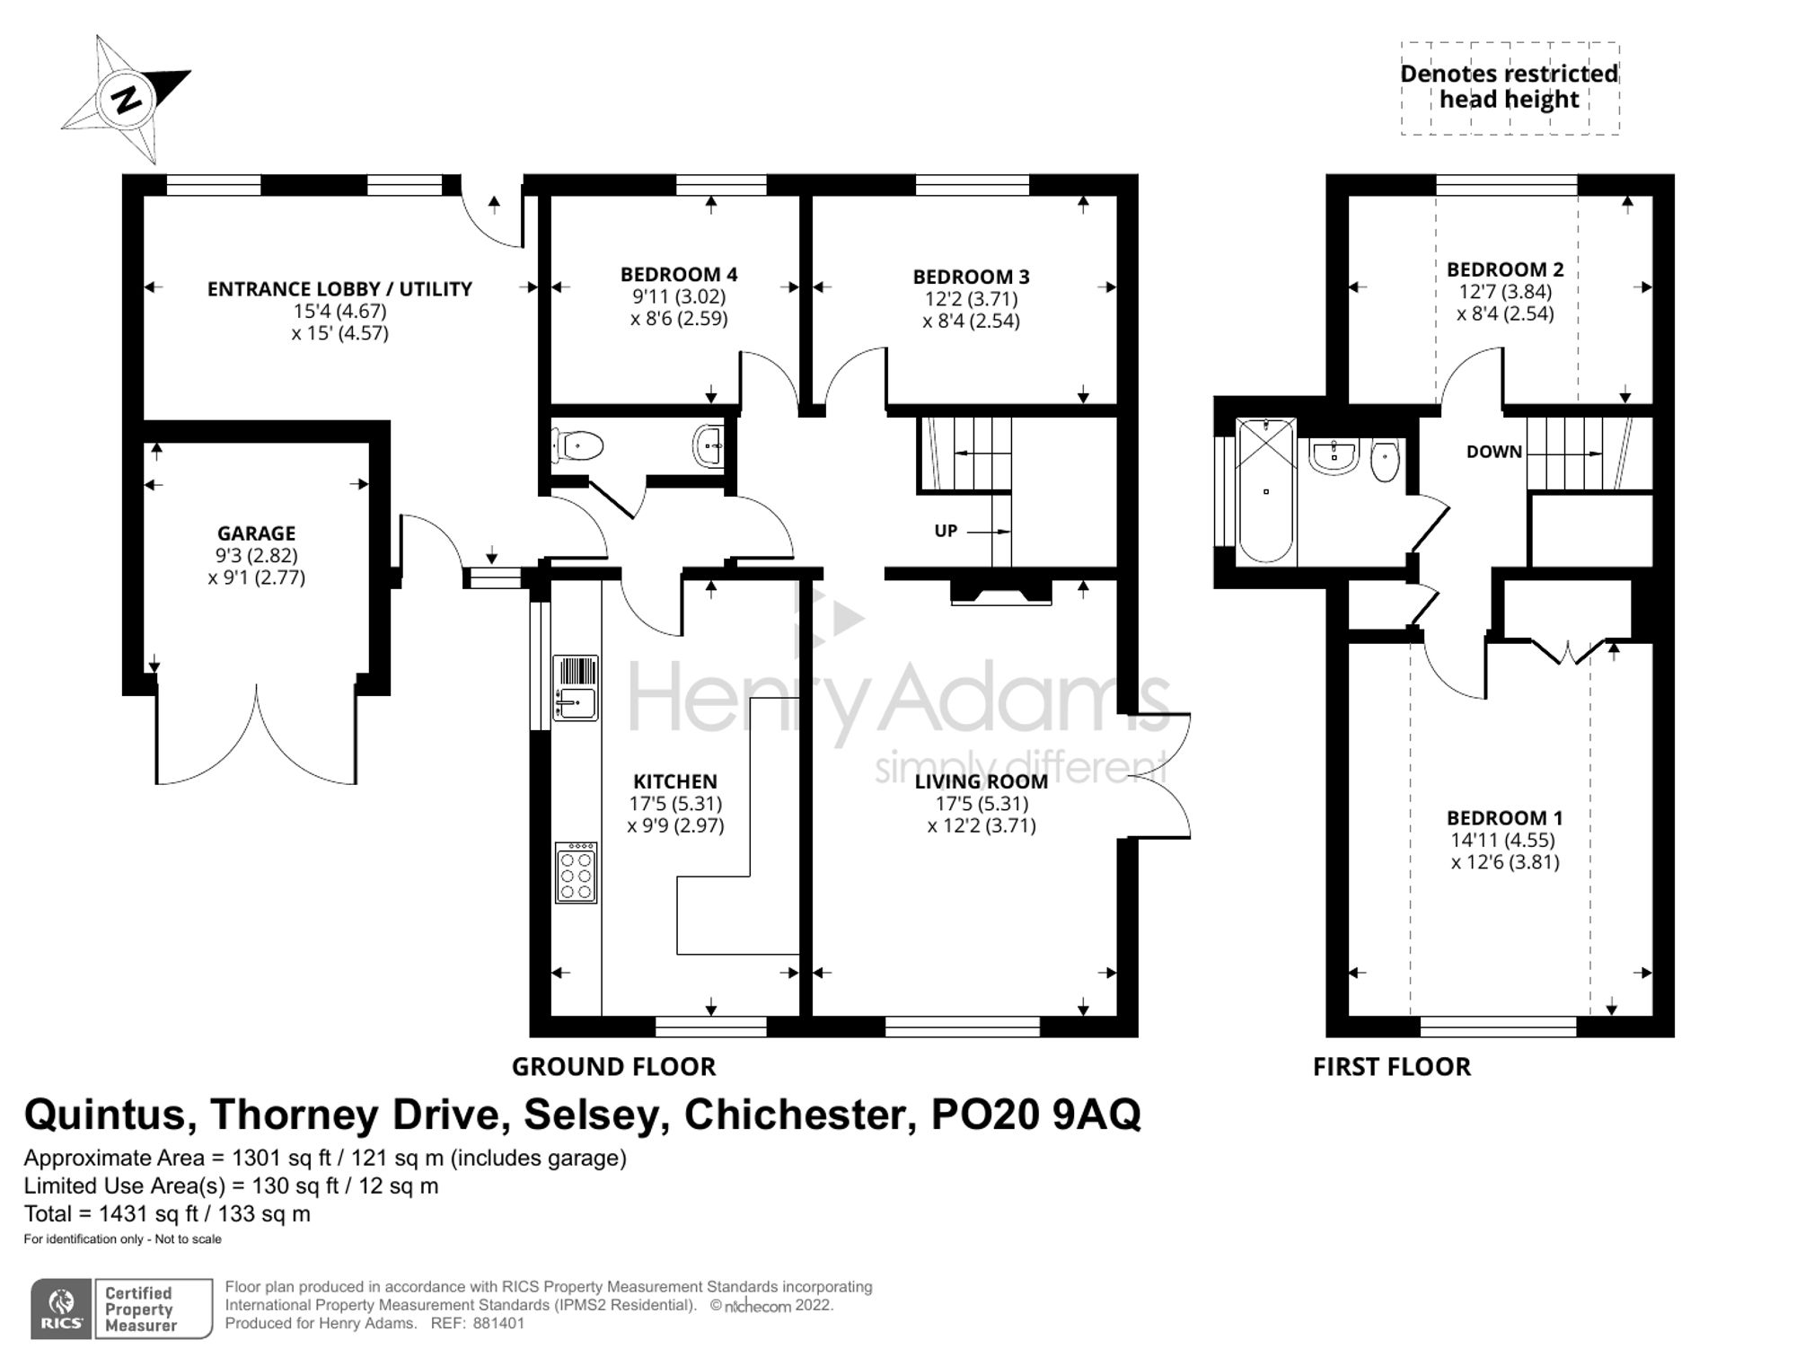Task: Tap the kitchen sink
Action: (x=576, y=688)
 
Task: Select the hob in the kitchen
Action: (x=576, y=872)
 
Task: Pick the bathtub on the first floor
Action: (x=1266, y=490)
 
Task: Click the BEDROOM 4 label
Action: (x=679, y=274)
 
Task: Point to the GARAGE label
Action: (x=256, y=533)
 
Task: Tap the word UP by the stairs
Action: (x=946, y=531)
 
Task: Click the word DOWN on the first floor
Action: (x=1494, y=452)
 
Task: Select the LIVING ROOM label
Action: (x=982, y=781)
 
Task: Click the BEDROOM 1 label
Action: (x=1505, y=818)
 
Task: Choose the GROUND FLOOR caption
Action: (x=614, y=1067)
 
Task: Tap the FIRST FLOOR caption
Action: (x=1392, y=1067)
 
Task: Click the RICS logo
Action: (x=62, y=1309)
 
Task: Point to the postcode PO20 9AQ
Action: (x=1035, y=1115)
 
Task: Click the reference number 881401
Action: (x=498, y=1323)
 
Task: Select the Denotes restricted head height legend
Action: (x=1510, y=87)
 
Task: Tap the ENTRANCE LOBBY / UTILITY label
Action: (x=339, y=289)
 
